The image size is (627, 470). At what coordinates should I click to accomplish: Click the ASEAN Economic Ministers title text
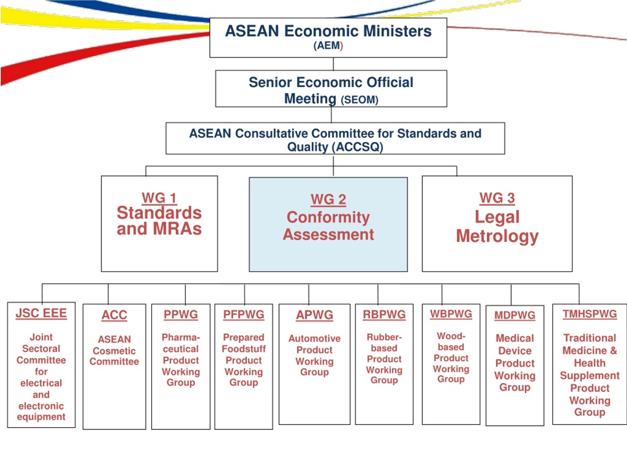point(328,31)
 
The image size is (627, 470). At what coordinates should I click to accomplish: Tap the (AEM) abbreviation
point(328,46)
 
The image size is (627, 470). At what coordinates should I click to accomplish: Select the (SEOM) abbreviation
point(359,100)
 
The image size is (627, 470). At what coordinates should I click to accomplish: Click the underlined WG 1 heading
point(159,198)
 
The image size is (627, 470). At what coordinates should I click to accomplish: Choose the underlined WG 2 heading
point(328,200)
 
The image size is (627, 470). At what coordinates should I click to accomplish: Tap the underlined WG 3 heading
point(497,198)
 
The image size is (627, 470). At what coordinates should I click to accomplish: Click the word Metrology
point(497,236)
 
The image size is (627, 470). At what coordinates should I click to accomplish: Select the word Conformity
point(328,218)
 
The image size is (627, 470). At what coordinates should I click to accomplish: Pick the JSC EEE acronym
point(41,313)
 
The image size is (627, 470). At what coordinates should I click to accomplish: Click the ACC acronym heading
point(114,315)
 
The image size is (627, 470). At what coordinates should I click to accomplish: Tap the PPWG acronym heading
point(181,315)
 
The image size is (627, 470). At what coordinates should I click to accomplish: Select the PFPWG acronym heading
point(244,315)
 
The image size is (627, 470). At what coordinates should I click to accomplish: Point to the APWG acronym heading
point(315,315)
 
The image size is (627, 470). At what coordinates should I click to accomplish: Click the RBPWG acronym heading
point(384,315)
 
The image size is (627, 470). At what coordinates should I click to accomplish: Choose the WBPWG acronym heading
point(451,314)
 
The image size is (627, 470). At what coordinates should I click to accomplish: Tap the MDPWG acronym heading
point(515,315)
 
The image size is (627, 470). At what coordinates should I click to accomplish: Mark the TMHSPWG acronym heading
point(590,314)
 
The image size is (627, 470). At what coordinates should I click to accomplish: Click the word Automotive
point(315,338)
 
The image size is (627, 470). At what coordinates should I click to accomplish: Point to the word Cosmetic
point(114,351)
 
